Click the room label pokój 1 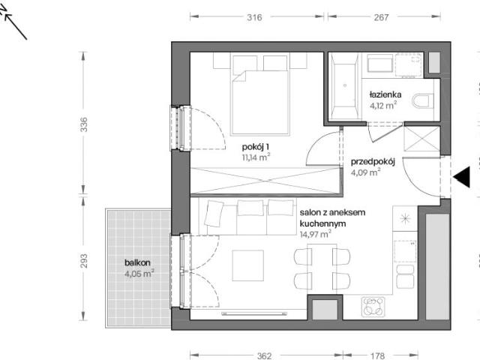click(255, 147)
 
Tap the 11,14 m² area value click(256, 157)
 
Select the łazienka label click(385, 94)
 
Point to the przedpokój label click(373, 162)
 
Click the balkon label click(137, 262)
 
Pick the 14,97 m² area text click(315, 235)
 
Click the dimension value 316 click(254, 17)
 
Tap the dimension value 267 click(381, 17)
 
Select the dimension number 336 click(83, 124)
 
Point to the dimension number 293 click(83, 261)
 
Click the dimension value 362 click(264, 355)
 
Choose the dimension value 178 click(377, 355)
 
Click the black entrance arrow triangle click(462, 177)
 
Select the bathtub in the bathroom click(345, 85)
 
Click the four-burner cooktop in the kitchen click(373, 307)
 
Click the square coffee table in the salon click(248, 265)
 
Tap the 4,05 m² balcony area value click(139, 273)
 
